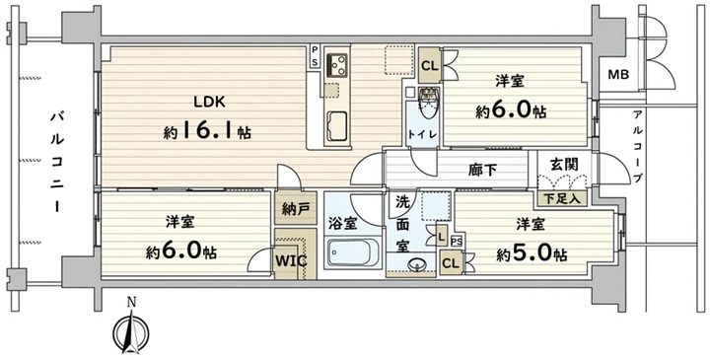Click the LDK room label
(x=209, y=102)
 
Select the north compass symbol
(x=131, y=327)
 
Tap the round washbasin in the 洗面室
(x=416, y=263)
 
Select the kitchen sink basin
(x=336, y=126)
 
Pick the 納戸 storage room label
(x=295, y=209)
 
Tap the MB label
(x=618, y=75)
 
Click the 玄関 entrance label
(x=564, y=165)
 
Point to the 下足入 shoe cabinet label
(x=561, y=198)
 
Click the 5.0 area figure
(x=535, y=255)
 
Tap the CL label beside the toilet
(x=430, y=66)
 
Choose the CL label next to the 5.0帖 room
(x=450, y=263)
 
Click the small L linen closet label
(x=442, y=236)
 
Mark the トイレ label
(x=422, y=135)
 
